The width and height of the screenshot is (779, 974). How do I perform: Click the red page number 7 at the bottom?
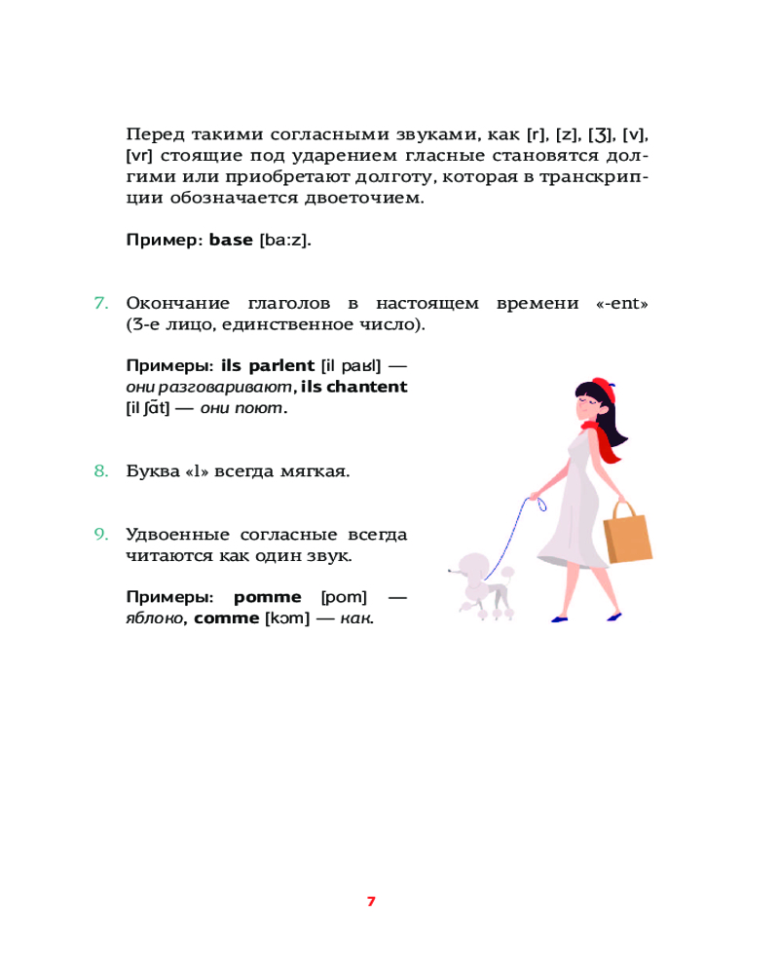(370, 901)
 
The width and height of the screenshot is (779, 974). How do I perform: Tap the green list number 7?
(100, 303)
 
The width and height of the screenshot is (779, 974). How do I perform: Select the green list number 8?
(100, 471)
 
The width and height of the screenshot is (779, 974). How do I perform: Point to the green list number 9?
(100, 534)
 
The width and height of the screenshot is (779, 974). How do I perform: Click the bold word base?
(232, 239)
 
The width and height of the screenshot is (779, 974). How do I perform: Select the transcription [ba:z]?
(285, 240)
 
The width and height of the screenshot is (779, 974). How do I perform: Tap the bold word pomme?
(264, 596)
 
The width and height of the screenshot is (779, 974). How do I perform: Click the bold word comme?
(226, 618)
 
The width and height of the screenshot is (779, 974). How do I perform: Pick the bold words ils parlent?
(268, 366)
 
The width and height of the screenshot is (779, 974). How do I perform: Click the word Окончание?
(180, 303)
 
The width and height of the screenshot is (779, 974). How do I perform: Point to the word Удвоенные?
(176, 534)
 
